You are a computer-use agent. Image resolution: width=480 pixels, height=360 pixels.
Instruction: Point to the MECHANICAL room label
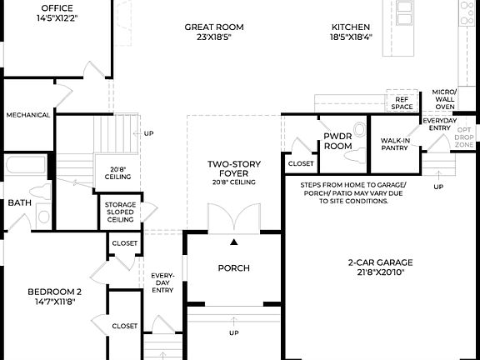[x=27, y=115]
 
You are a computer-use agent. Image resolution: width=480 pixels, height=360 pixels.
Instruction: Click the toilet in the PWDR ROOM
[x=359, y=129]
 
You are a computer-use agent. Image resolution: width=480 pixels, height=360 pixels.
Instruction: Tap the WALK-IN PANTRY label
[x=394, y=144]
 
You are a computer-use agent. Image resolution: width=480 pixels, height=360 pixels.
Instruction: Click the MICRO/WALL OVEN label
[x=444, y=99]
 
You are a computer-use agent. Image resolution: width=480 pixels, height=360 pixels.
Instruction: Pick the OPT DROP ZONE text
[x=465, y=137]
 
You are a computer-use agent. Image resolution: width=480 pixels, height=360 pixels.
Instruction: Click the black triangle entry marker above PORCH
[x=234, y=242]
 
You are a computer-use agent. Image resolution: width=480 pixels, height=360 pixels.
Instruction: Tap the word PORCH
[x=234, y=267]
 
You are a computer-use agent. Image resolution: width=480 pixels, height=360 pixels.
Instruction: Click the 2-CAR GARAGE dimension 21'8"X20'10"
[x=380, y=272]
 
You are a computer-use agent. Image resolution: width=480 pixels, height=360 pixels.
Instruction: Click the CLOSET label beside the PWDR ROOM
[x=301, y=164]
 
